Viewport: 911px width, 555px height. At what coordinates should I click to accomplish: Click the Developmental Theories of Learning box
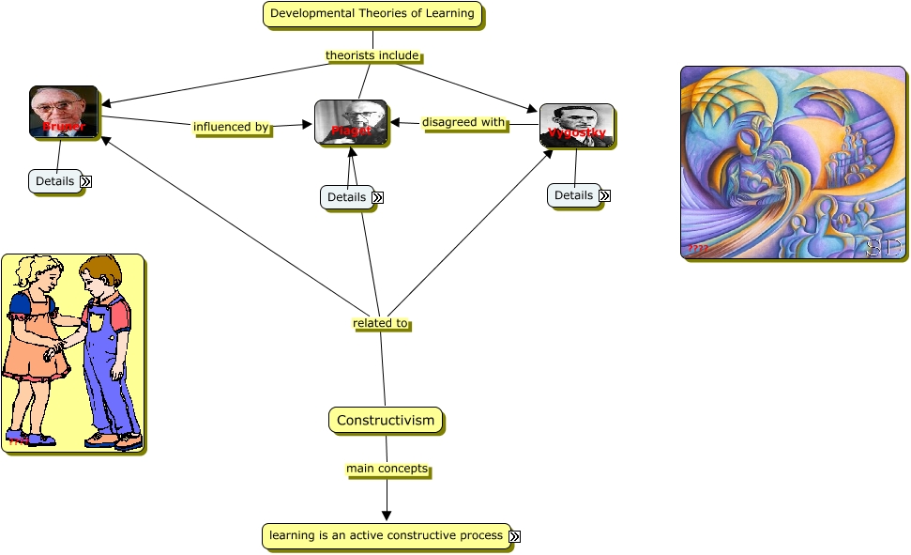(x=372, y=14)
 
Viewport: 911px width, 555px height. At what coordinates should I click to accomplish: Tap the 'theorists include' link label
(x=372, y=55)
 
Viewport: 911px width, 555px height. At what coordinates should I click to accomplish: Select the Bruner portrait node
(x=64, y=112)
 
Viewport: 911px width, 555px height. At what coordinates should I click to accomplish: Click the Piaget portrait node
(x=351, y=122)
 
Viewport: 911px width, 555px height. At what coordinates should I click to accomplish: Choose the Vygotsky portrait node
(x=576, y=126)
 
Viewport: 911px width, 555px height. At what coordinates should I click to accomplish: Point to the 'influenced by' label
(x=231, y=127)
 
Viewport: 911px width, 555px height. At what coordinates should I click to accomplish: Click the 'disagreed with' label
(x=463, y=122)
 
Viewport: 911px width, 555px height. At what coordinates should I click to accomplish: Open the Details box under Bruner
(x=54, y=181)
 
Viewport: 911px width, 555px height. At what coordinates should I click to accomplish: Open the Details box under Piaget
(x=346, y=197)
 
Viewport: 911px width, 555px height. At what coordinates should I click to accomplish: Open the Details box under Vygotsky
(x=573, y=195)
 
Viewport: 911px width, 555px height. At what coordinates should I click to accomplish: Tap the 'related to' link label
(x=380, y=323)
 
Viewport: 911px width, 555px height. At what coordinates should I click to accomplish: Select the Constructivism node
(x=385, y=420)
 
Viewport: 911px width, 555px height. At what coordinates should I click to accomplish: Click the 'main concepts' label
(x=387, y=469)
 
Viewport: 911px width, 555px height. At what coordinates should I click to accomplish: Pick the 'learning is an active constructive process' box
(x=386, y=536)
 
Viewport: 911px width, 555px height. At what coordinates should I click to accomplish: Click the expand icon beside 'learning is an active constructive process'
(x=514, y=536)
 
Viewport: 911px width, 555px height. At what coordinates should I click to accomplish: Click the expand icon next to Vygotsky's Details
(x=604, y=195)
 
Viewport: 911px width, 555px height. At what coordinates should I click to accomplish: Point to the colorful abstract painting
(x=793, y=162)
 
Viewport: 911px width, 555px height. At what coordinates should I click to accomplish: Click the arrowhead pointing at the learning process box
(x=387, y=516)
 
